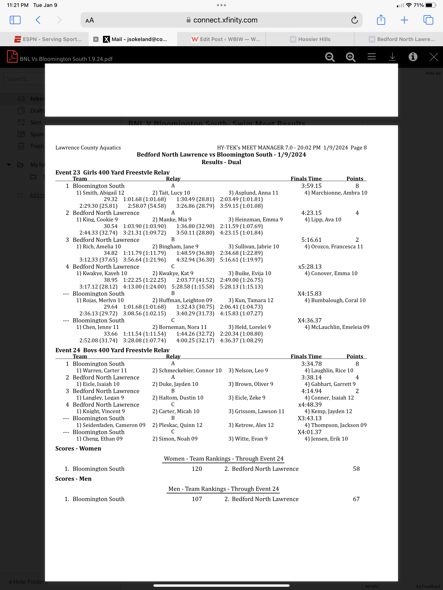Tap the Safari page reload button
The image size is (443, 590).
354,20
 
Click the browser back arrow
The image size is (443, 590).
38,20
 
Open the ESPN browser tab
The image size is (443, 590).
48,39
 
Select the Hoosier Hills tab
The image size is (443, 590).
310,39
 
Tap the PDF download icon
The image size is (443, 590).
392,57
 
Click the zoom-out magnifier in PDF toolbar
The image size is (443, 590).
330,57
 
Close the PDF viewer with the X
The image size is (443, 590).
433,57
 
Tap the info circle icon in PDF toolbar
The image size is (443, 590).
413,57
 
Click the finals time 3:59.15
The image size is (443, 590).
311,186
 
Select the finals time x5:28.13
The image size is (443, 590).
310,267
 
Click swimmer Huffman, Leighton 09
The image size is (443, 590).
182,300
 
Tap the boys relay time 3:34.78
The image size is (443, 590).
311,364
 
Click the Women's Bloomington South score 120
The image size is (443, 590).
197,469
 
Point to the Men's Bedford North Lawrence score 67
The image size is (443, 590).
356,499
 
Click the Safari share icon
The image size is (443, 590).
381,20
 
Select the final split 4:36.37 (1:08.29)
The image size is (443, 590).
241,340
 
